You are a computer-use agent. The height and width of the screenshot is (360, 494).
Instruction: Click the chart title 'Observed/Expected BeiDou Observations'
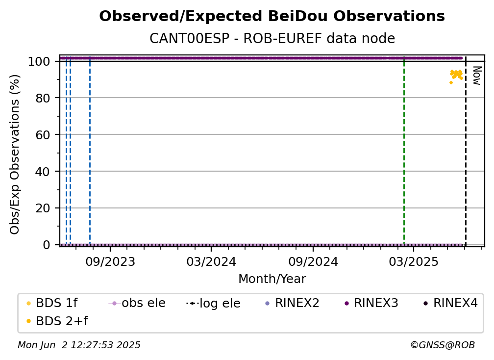pos(272,16)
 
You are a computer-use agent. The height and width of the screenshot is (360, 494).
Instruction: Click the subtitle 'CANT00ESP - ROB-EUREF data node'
pos(272,38)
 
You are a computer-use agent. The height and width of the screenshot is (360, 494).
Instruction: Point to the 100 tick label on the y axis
pos(39,61)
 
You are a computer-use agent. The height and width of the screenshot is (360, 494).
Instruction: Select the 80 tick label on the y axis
pos(43,98)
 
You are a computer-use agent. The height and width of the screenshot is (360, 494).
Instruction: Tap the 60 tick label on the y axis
pos(43,135)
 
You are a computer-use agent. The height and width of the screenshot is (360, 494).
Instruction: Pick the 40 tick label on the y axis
pos(43,172)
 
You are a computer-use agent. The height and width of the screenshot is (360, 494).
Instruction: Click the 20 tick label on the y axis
pos(43,208)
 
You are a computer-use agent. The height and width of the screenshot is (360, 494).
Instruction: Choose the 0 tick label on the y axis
pos(47,245)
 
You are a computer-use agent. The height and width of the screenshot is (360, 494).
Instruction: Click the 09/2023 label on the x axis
pos(110,261)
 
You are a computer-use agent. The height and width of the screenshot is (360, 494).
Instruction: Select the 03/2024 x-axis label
pos(211,261)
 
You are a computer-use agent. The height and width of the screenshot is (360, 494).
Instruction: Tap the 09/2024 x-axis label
pos(313,261)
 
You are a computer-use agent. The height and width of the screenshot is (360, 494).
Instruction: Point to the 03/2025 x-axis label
pos(414,261)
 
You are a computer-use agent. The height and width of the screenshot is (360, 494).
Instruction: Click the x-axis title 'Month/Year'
pos(272,279)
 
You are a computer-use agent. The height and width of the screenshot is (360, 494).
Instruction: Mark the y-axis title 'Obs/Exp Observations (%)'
pos(15,154)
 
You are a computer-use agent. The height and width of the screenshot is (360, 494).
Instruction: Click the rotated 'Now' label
pos(477,76)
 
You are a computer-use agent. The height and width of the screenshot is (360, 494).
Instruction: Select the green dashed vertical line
pos(404,151)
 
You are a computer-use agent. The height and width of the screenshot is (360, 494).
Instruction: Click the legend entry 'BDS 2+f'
pos(57,321)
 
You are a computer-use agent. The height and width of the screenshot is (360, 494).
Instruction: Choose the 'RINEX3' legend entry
pos(371,303)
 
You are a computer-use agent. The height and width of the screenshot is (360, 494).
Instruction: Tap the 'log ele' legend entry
pos(213,303)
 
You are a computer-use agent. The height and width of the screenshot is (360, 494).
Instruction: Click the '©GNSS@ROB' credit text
pos(443,345)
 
